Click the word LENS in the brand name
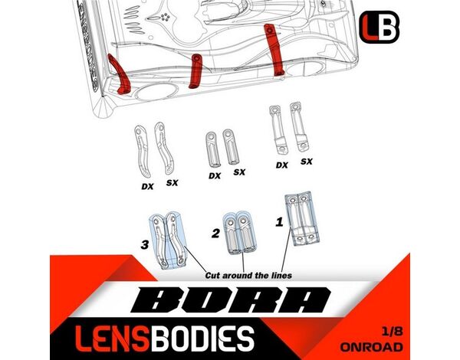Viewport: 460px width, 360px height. click(x=100, y=336)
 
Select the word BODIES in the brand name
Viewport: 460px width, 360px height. click(x=202, y=336)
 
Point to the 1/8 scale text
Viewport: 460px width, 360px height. click(x=390, y=331)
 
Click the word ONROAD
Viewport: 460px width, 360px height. click(x=382, y=345)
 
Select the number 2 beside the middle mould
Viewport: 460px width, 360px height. click(x=215, y=231)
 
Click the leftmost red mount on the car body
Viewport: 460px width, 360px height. click(x=119, y=77)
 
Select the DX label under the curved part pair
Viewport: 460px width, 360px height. click(x=147, y=186)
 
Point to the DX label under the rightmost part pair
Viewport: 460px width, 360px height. click(x=281, y=165)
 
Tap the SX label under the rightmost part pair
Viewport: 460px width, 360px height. click(x=306, y=162)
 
